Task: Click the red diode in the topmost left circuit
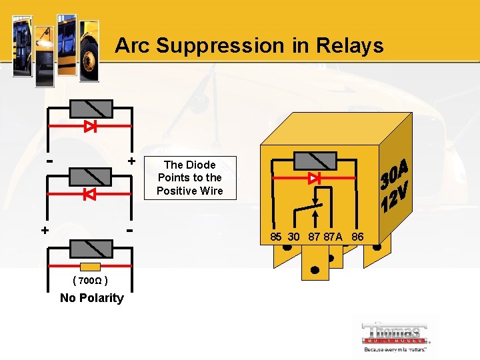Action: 91,126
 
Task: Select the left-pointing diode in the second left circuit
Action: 89,195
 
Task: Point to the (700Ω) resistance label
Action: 91,281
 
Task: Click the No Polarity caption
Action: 91,298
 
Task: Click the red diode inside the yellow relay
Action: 315,179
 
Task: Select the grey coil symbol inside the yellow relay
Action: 315,161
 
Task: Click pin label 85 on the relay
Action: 276,237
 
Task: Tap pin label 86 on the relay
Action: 357,237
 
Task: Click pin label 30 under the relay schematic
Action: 293,237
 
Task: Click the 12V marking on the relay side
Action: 395,197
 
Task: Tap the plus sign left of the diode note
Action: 131,161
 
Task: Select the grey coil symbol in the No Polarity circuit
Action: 89,247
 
